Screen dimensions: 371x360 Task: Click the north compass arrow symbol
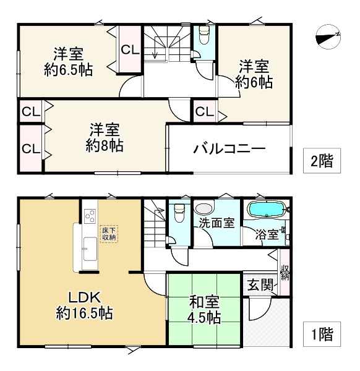327,38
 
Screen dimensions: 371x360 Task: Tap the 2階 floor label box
321,161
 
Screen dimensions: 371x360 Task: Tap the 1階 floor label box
321,335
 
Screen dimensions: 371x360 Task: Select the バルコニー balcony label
229,148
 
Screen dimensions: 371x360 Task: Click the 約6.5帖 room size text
69,69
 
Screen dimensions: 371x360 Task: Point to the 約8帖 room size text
104,146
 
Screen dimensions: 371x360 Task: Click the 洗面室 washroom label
216,223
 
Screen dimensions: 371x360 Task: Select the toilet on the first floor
179,212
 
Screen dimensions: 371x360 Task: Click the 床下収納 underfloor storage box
109,234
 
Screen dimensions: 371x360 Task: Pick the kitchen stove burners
88,216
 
